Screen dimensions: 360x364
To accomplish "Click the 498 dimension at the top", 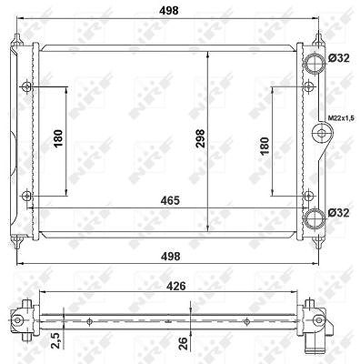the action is pos(169,10).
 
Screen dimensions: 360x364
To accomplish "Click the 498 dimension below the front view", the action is pos(170,257).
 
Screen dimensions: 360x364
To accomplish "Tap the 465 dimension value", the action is pos(170,200).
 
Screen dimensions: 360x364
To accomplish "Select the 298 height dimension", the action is pos(200,138).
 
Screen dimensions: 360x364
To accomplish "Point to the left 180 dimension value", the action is pos(58,138).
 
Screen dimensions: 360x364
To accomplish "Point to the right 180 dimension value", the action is pos(265,146).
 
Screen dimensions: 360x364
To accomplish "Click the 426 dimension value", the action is pos(175,286).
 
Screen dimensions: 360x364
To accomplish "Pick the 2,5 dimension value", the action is pos(56,340).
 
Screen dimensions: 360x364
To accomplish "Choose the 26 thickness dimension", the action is pos(184,344).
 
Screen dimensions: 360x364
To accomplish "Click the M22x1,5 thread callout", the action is pos(341,117).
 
